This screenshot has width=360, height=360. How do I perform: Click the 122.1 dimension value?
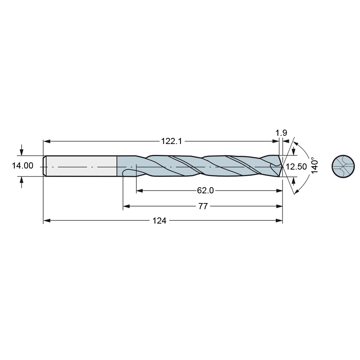[171, 141]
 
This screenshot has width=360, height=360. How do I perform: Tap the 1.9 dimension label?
[281, 133]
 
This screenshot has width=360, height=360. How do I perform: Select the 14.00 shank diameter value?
[22, 166]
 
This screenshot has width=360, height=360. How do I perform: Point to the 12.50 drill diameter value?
[296, 167]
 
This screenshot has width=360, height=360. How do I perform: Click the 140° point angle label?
[314, 165]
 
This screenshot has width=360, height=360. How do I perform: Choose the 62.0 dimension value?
[205, 190]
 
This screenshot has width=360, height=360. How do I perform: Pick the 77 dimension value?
[203, 206]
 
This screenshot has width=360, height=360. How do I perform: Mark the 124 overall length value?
[159, 221]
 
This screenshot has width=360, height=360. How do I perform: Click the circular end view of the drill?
[343, 166]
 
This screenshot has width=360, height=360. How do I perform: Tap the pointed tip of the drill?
[283, 166]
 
